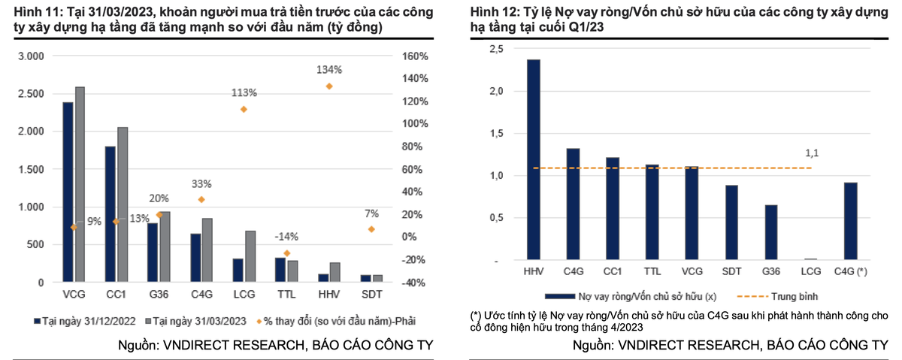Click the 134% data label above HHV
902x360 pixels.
pos(329,69)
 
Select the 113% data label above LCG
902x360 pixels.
pos(244,92)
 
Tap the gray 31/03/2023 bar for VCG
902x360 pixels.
pos(80,184)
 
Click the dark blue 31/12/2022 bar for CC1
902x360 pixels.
pos(110,214)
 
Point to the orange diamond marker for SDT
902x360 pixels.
pos(371,228)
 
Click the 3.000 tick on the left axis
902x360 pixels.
pos(32,56)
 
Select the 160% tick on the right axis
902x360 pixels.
pos(415,56)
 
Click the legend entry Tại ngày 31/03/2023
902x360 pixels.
pos(193,321)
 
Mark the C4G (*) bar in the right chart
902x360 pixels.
pos(851,221)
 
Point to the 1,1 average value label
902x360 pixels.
pos(812,154)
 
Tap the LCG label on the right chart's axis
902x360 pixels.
pos(810,270)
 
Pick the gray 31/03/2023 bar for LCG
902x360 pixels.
pos(250,256)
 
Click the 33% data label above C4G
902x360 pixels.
pos(201,183)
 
